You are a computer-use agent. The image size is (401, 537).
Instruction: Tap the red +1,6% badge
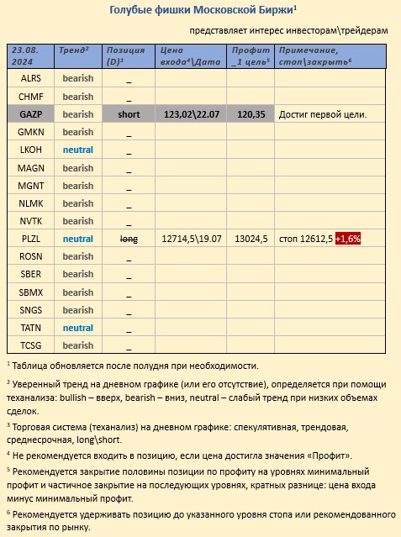(x=347, y=239)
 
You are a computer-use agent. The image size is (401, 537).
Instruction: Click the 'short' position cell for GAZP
(x=129, y=114)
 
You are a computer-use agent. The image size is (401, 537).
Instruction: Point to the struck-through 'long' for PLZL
(x=129, y=239)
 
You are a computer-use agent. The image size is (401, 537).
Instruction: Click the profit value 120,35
(x=252, y=114)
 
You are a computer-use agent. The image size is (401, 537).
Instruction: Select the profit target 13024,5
(x=252, y=239)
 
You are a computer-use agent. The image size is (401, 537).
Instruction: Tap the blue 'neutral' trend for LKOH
(x=78, y=150)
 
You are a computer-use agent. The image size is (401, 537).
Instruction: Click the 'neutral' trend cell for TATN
(x=78, y=328)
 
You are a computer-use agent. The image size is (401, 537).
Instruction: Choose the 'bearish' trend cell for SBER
(x=78, y=274)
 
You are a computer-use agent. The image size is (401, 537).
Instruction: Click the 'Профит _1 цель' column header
(x=252, y=56)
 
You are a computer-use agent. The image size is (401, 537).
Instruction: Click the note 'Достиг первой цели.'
(x=323, y=114)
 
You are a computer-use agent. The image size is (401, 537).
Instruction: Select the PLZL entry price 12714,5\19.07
(x=193, y=239)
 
